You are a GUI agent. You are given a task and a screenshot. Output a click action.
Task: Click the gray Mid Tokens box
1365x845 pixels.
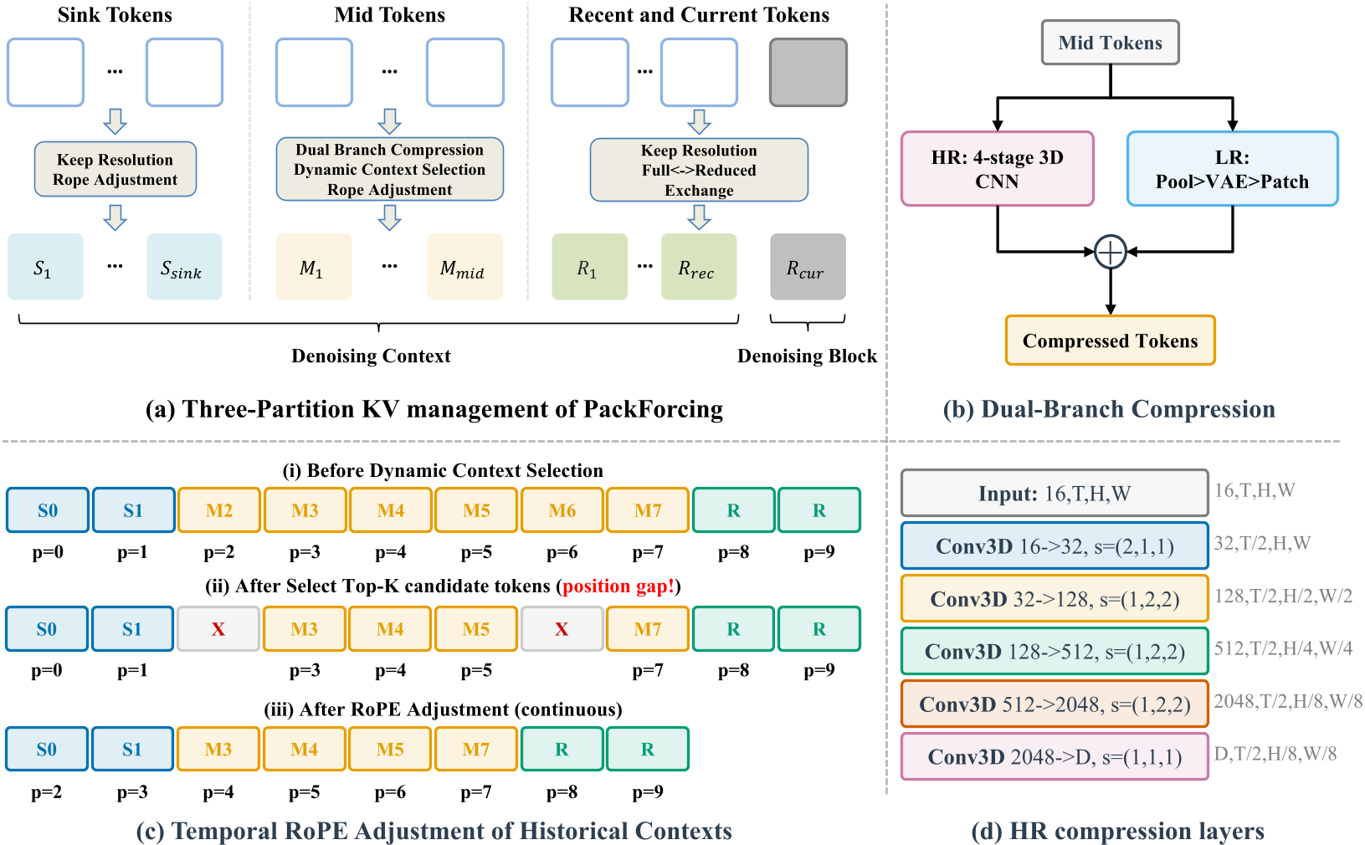point(1110,43)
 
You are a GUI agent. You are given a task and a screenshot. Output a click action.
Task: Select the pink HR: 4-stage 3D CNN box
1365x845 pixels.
point(997,169)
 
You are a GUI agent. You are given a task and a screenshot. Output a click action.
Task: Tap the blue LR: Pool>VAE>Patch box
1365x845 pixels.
point(1232,169)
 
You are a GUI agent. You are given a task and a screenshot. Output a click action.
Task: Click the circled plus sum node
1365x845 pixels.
point(1110,252)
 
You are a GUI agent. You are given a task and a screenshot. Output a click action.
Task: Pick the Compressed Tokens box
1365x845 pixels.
point(1110,341)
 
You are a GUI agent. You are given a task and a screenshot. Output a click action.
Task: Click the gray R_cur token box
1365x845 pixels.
point(808,267)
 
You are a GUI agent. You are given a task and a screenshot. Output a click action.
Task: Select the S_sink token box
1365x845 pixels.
point(184,267)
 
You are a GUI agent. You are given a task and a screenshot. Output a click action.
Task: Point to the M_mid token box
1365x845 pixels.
point(464,267)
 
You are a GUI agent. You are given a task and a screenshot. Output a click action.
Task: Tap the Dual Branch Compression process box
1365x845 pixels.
point(389,169)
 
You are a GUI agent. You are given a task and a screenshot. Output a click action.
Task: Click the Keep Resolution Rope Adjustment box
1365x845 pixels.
point(115,169)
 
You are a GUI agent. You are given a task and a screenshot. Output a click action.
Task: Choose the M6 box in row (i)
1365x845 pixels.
point(562,510)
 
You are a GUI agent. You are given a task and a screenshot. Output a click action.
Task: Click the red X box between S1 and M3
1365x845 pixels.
point(218,629)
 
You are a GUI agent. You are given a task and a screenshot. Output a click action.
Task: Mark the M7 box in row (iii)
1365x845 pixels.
point(475,750)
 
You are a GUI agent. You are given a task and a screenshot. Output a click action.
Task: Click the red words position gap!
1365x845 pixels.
point(618,586)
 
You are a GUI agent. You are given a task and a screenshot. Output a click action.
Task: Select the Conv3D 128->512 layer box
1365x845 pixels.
point(1055,652)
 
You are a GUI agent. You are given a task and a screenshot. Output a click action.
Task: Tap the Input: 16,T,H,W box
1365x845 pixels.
point(1055,494)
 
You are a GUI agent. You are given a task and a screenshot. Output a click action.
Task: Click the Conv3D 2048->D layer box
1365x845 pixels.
point(1055,757)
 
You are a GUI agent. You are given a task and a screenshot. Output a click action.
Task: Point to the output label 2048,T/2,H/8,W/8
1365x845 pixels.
point(1287,701)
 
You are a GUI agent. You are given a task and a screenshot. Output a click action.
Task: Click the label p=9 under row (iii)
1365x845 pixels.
point(648,791)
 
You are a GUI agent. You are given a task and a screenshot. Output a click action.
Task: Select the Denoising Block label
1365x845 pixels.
point(807,356)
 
